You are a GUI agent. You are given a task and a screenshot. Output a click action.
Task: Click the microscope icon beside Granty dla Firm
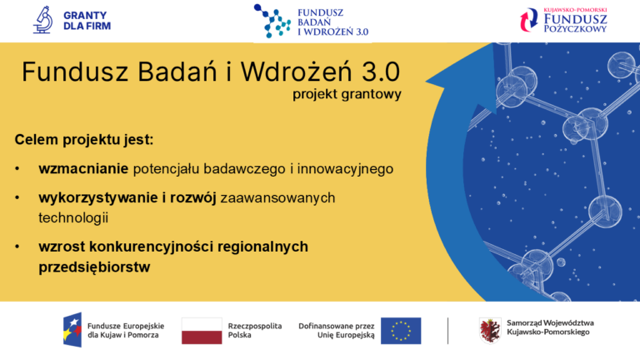coord(42,20)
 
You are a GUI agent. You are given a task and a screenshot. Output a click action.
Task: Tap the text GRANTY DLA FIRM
coord(87,20)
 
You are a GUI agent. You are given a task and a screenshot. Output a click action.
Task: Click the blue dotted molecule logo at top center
coord(272,22)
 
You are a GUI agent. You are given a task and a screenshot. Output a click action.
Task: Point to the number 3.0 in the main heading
coord(374,71)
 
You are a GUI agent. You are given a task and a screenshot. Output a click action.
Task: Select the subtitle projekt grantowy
coord(347,94)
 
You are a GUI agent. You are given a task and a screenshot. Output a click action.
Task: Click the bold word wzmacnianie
coord(82,168)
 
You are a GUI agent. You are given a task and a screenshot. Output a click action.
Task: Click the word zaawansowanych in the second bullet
coord(277,197)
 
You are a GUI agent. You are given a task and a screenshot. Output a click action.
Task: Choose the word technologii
coord(73,217)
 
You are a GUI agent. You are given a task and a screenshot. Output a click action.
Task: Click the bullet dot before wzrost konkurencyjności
coord(17,247)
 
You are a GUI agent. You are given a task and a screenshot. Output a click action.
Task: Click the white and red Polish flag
coord(202,331)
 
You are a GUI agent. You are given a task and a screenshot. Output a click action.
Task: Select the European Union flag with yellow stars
coord(401,331)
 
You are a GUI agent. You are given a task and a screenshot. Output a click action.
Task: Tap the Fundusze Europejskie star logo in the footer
coord(72,330)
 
